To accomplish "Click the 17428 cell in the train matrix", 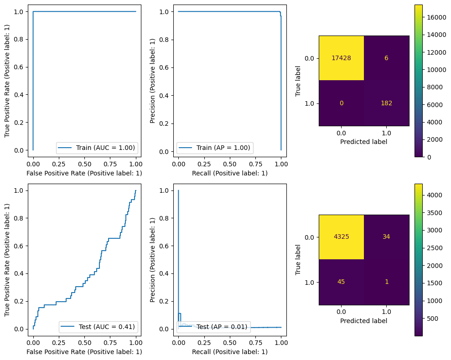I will (341, 58).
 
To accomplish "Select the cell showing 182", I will (386, 103).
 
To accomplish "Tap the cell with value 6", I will (386, 58).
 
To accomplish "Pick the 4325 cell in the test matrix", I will (341, 237).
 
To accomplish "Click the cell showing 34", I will (386, 237).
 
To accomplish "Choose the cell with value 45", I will (341, 282).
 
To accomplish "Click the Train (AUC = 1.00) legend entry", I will (97, 148).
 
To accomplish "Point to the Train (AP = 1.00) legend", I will (214, 148).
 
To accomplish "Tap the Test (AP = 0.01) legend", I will (214, 326).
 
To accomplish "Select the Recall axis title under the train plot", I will (229, 173).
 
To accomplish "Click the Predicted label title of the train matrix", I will (363, 141).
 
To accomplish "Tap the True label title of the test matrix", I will (298, 259).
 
